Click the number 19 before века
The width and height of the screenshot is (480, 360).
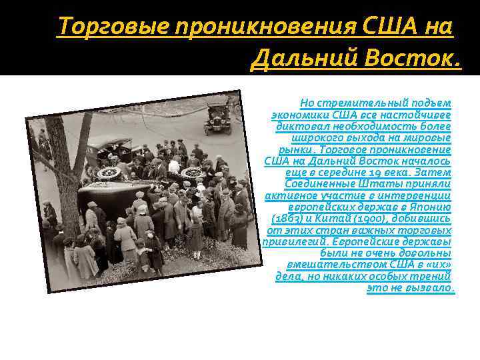[378, 171]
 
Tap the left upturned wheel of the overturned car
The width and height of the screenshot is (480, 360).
[108, 173]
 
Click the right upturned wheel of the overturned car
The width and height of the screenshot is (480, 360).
[193, 172]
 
